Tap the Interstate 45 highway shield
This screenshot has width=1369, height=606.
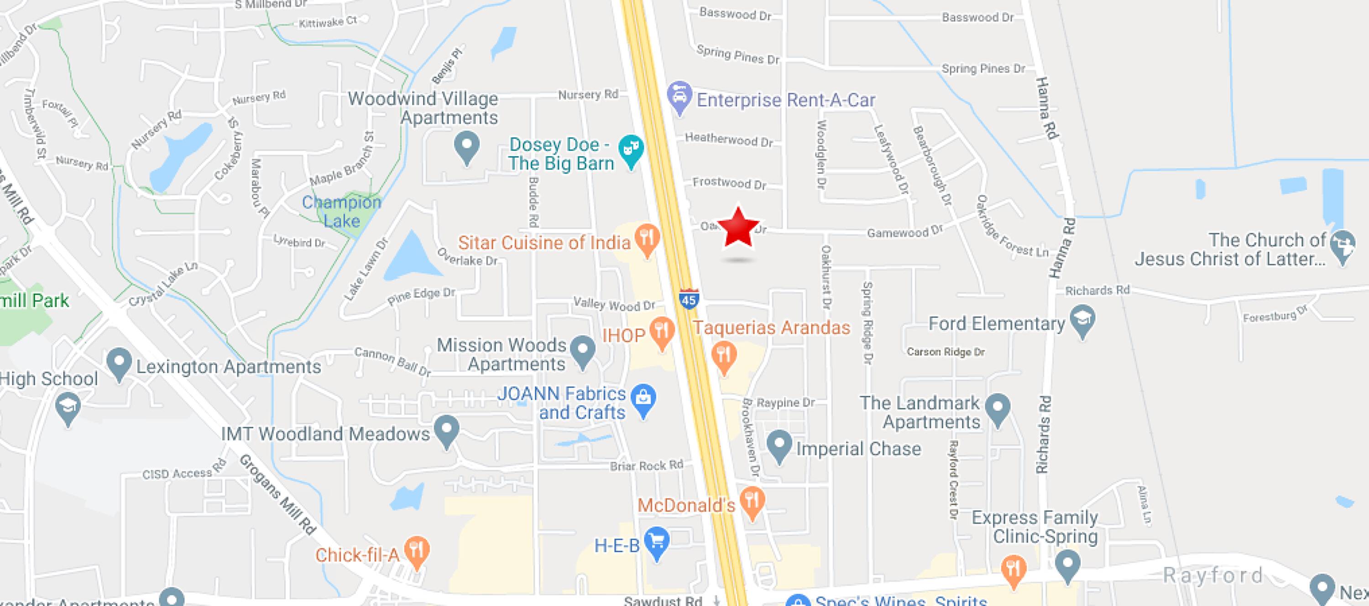[688, 300]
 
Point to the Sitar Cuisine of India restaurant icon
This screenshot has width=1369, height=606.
[647, 239]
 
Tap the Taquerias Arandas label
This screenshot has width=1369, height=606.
[771, 328]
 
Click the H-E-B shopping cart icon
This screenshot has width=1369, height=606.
[657, 542]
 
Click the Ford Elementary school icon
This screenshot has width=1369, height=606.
[1082, 320]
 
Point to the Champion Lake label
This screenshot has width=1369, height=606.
[341, 212]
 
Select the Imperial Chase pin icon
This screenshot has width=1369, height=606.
[779, 445]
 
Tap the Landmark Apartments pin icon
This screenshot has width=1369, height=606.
[997, 409]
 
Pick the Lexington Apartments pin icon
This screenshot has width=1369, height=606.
[119, 363]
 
